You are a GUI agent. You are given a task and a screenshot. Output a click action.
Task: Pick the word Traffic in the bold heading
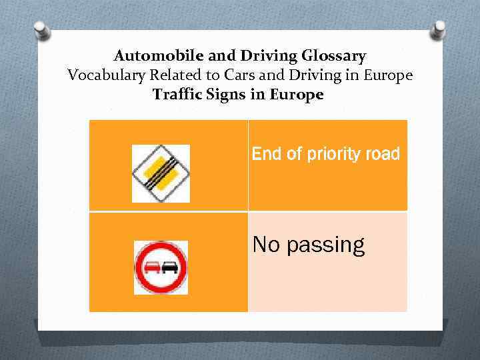point(177,95)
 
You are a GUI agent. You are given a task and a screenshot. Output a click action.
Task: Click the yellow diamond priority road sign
point(161,173)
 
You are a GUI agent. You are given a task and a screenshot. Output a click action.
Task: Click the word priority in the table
point(330,155)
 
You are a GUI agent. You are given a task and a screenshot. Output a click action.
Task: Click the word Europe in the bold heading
point(297,95)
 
